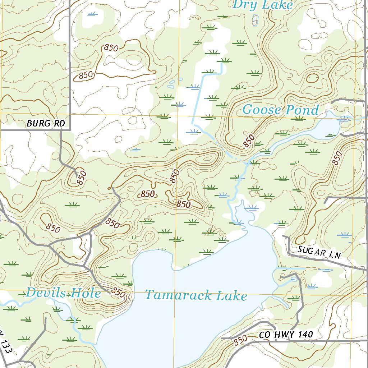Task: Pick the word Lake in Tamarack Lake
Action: (232, 296)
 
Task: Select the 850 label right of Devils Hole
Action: (118, 293)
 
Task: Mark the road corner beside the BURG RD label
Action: (70, 130)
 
